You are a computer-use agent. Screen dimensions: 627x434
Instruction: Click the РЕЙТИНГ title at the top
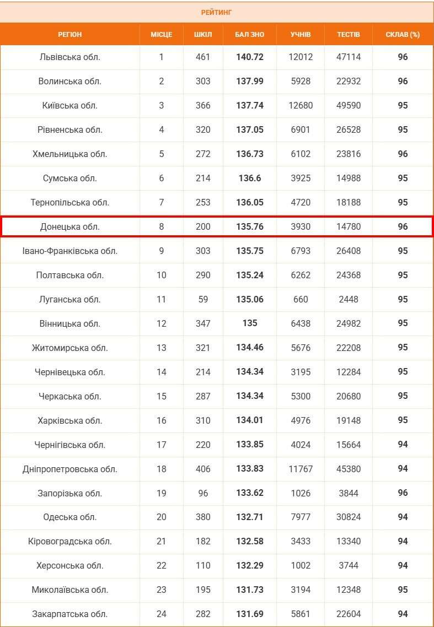(217, 12)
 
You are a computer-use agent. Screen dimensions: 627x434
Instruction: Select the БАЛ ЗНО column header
(250, 34)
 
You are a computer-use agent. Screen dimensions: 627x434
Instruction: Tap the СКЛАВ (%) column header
(403, 34)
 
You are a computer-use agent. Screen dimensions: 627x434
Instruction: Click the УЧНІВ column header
(301, 34)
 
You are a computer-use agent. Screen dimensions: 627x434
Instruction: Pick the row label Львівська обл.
(70, 57)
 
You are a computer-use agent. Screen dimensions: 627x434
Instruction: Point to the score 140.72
(250, 57)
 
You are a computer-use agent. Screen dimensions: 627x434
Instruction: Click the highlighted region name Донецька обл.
(70, 226)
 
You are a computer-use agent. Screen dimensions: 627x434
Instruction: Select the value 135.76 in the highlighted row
(250, 226)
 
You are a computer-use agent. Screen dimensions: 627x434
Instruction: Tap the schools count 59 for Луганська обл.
(203, 299)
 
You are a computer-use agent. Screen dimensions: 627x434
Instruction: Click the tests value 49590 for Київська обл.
(349, 105)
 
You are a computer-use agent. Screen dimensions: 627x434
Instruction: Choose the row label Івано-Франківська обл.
(70, 251)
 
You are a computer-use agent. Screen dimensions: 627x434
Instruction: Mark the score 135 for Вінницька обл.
(250, 323)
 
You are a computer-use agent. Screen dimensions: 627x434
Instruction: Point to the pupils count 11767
(301, 469)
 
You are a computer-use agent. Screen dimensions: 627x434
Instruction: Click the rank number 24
(161, 614)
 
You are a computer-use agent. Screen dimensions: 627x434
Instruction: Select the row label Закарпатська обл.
(70, 614)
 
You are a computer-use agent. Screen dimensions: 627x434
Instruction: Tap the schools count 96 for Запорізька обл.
(203, 493)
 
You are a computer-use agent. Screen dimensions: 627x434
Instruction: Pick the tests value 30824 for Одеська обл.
(349, 517)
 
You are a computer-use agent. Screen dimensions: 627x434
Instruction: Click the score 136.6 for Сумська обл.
(250, 178)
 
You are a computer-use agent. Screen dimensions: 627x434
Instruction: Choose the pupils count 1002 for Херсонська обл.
(301, 565)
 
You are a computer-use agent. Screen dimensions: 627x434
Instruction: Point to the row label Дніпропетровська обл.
(70, 469)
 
